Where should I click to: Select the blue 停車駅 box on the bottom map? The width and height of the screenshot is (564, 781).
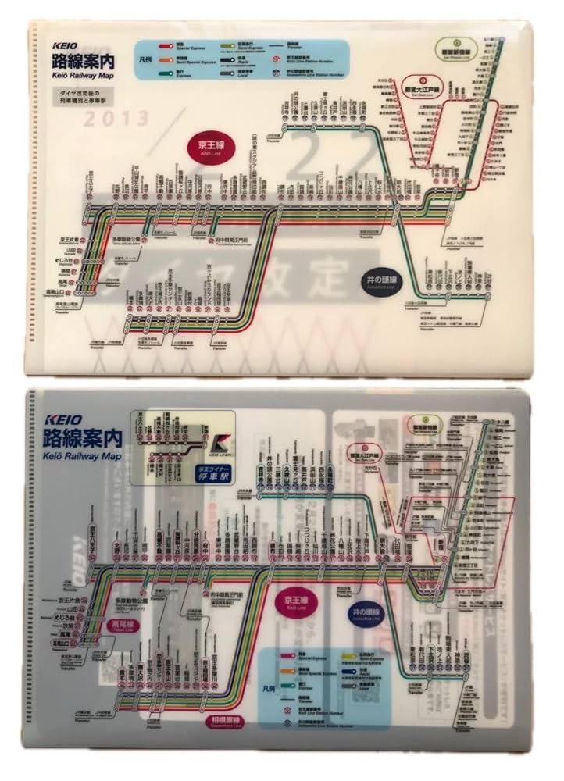213,473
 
